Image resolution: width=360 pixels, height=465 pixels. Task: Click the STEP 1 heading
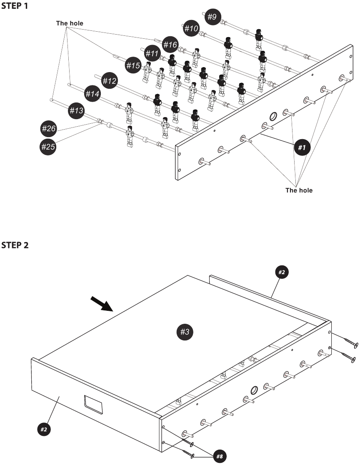15,7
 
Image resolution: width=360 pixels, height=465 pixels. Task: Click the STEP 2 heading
15,245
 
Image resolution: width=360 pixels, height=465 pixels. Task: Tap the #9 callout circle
212,17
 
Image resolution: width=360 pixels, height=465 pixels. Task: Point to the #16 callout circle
170,44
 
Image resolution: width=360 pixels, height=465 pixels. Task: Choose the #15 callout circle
133,65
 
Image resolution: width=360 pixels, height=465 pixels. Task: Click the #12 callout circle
109,80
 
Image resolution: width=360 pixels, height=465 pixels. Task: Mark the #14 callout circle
92,94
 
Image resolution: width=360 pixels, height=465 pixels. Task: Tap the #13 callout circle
76,110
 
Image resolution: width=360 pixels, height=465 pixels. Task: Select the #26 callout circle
48,129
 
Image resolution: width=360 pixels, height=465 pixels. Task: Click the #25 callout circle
48,146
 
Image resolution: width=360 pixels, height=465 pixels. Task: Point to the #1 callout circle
302,147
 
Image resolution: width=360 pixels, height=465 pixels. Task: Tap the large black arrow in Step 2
102,304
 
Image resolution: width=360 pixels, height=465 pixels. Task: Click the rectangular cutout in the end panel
93,404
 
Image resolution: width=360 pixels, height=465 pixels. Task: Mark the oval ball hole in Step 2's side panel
254,390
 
